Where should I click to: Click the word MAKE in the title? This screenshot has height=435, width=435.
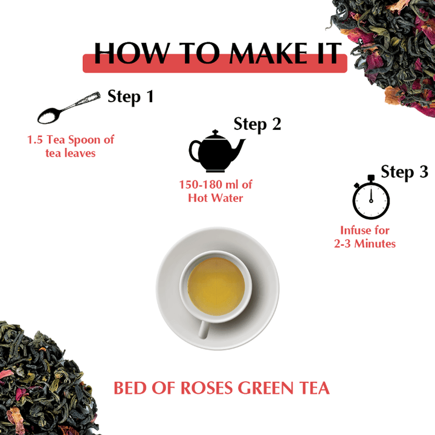point(268,53)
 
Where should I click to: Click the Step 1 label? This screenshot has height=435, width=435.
point(130,97)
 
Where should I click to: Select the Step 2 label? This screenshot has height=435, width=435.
point(257,124)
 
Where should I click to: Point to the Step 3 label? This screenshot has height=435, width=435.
point(404,172)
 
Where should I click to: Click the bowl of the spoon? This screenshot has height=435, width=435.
point(48,116)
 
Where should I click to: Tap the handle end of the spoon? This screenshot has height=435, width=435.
point(95,95)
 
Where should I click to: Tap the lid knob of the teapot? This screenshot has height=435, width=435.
point(215,132)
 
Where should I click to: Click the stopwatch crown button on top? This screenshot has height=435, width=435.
point(371,178)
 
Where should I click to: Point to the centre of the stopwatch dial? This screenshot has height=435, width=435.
point(371,201)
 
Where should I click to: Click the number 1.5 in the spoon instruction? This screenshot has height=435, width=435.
point(35,140)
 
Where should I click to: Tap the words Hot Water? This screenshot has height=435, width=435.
point(216,198)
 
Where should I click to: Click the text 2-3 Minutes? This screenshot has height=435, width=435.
point(364,244)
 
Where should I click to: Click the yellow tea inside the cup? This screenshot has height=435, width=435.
point(216,286)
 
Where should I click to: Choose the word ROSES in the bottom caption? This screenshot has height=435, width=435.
point(207,388)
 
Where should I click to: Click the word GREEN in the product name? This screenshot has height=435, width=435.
point(265,388)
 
